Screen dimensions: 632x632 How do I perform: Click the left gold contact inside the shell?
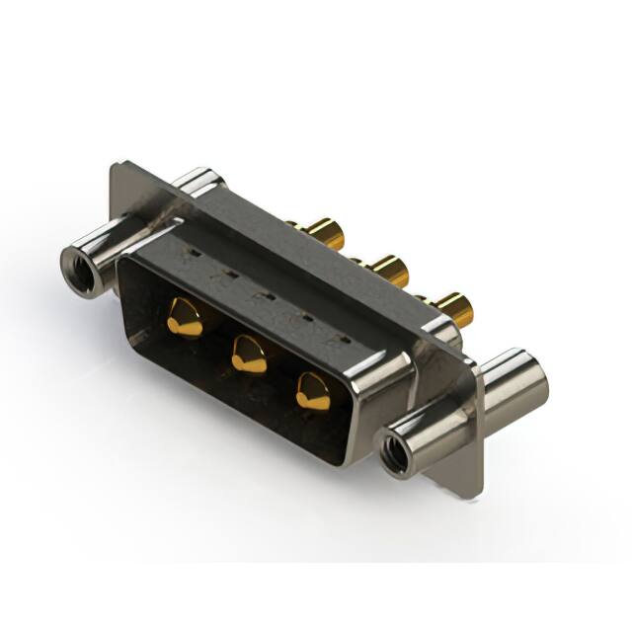coord(185,318)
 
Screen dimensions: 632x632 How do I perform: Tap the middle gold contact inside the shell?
coord(248,354)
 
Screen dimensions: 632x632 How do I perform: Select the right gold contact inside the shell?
coord(313,392)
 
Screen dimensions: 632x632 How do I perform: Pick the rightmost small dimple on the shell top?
coord(341,338)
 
